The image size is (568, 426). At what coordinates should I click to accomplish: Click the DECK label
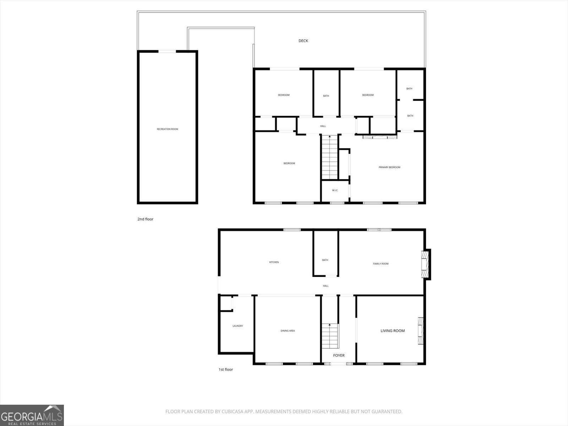303,41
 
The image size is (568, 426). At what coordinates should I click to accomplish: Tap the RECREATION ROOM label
168,129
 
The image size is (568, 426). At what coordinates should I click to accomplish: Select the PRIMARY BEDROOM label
389,167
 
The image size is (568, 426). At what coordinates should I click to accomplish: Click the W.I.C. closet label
335,191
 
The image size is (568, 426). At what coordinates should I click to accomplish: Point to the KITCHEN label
274,262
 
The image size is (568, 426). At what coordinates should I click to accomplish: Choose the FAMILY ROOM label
381,264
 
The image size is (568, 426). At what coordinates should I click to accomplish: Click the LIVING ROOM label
393,331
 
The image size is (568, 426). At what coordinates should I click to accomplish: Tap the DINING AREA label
288,331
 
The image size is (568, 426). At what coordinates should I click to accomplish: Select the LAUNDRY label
238,326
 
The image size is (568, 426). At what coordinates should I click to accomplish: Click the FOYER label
339,355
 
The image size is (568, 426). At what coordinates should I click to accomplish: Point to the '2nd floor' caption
146,219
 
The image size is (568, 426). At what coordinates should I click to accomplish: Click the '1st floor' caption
226,370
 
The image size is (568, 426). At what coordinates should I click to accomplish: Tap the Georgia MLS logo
32,415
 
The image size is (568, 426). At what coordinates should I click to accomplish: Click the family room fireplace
425,264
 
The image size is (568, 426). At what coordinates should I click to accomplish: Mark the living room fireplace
420,331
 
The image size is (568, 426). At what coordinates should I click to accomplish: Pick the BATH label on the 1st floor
325,260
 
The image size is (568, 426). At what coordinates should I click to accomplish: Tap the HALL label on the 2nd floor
323,126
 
